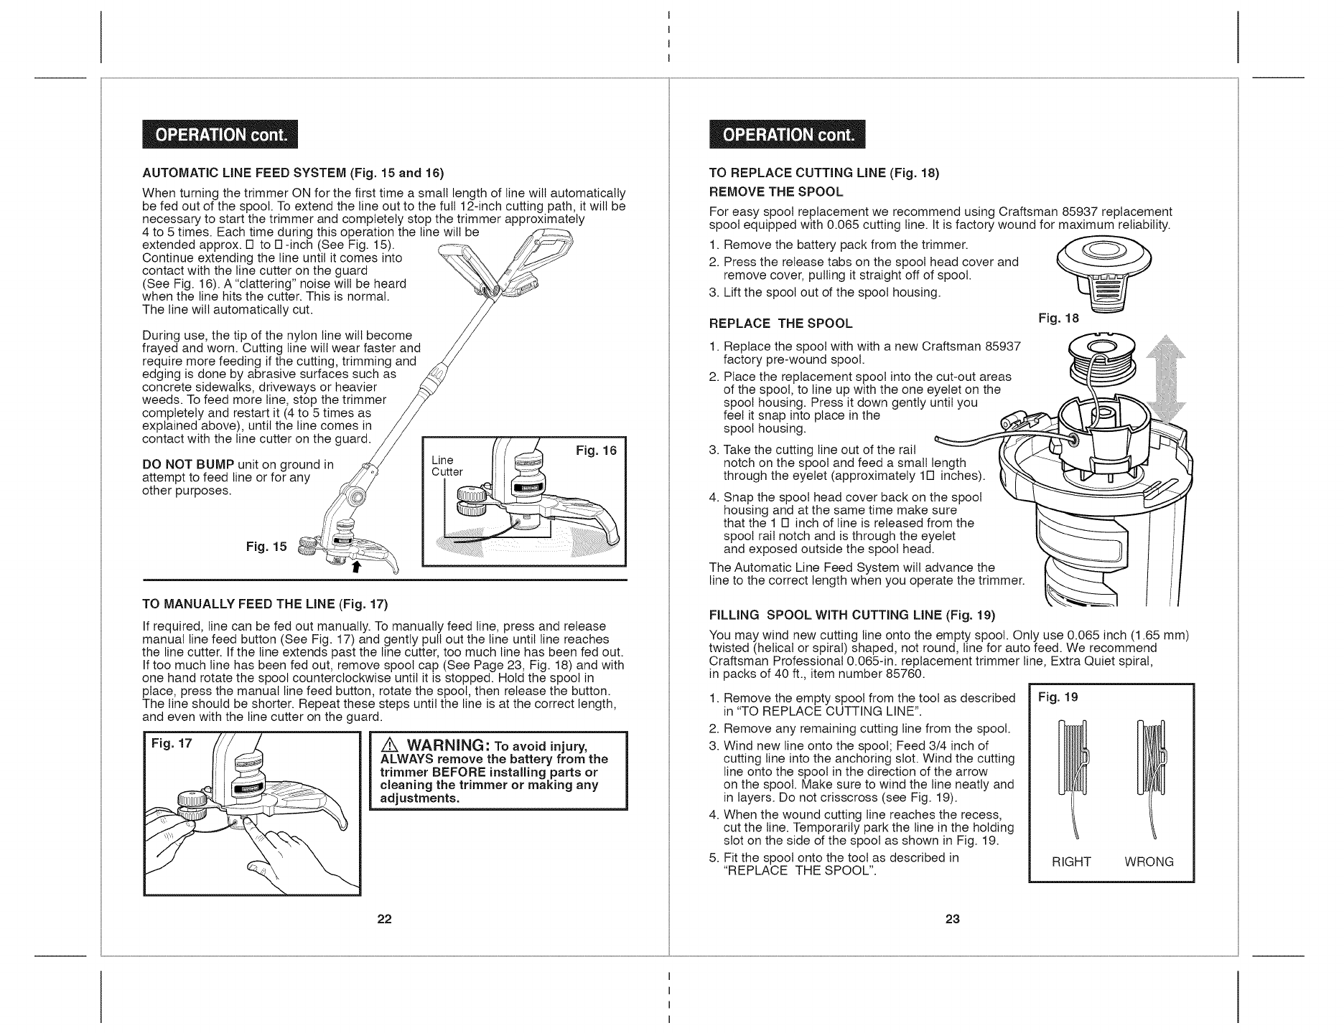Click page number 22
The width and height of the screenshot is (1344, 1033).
[384, 920]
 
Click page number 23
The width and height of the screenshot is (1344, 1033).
[952, 920]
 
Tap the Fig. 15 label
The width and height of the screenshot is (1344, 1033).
[266, 547]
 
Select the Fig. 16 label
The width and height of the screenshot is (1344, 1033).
[596, 451]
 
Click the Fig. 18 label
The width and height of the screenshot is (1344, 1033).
[1058, 319]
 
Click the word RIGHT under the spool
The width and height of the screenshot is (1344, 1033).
[1071, 862]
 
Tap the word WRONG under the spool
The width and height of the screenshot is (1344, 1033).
[1149, 862]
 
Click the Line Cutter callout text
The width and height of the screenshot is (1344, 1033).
[447, 466]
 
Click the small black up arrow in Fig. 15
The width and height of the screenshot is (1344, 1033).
[354, 568]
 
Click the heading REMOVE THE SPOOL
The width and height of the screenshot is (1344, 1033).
[775, 192]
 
